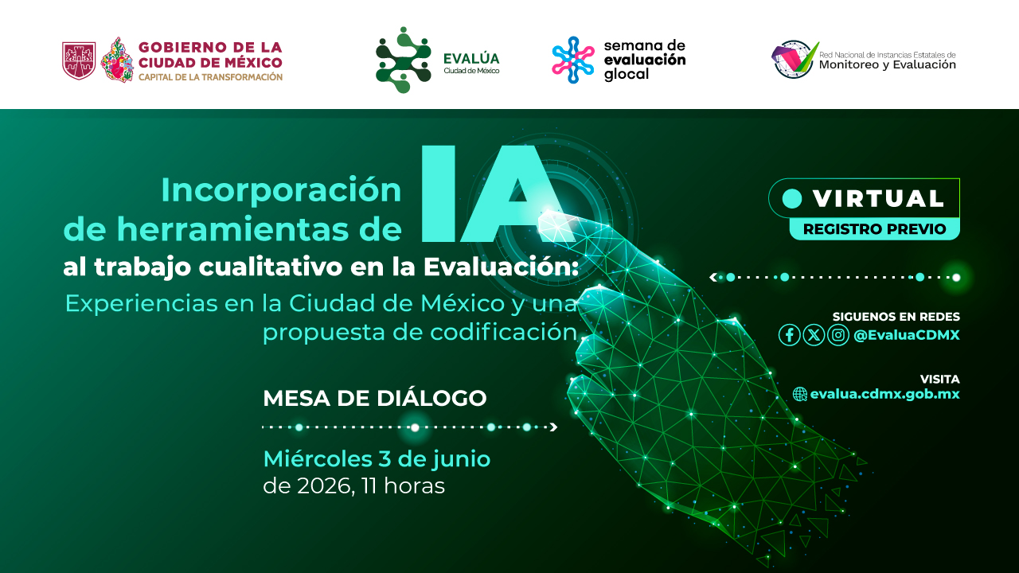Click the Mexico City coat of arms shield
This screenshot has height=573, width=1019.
pyautogui.click(x=79, y=60)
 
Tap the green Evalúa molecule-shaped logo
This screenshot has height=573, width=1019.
pyautogui.click(x=403, y=60)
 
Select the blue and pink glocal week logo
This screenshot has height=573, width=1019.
pyautogui.click(x=573, y=60)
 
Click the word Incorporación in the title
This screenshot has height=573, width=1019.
pyautogui.click(x=281, y=189)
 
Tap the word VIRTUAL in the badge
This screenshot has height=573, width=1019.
pyautogui.click(x=878, y=199)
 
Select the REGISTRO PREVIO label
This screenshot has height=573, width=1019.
pyautogui.click(x=874, y=228)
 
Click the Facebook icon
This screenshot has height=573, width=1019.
pyautogui.click(x=789, y=335)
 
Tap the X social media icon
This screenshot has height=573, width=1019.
pyautogui.click(x=814, y=335)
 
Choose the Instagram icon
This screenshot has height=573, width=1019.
pyautogui.click(x=838, y=335)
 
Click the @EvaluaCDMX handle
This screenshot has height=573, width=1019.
pyautogui.click(x=907, y=335)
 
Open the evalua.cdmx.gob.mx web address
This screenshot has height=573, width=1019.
pyautogui.click(x=884, y=394)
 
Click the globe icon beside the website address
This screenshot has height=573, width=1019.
pyautogui.click(x=800, y=394)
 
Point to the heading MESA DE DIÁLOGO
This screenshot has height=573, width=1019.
pyautogui.click(x=375, y=399)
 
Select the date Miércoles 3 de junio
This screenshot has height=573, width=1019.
pyautogui.click(x=377, y=459)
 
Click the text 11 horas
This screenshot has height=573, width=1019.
pyautogui.click(x=403, y=486)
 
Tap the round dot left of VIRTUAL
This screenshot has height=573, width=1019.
pyautogui.click(x=792, y=199)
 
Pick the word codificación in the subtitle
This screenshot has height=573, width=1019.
pyautogui.click(x=504, y=333)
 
